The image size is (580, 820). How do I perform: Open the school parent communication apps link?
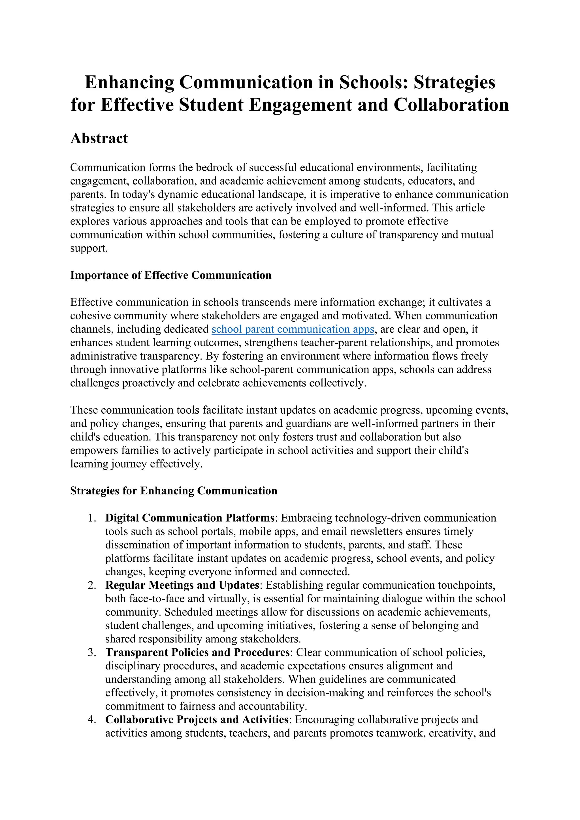point(293,329)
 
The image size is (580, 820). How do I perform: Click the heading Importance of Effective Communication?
point(171,275)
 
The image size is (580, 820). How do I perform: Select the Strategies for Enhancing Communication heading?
point(174,491)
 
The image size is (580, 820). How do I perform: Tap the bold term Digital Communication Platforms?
point(190,518)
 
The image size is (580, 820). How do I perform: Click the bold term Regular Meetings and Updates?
point(182,585)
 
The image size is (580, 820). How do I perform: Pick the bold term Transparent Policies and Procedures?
point(197,652)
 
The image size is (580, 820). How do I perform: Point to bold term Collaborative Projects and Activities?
point(197,719)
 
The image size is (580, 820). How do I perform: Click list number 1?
point(92,518)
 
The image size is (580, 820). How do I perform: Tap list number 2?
point(92,585)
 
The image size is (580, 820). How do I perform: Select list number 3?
point(92,652)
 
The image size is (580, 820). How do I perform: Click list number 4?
point(92,719)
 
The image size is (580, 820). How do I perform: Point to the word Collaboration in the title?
point(451,105)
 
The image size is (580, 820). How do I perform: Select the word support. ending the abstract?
point(89,248)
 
